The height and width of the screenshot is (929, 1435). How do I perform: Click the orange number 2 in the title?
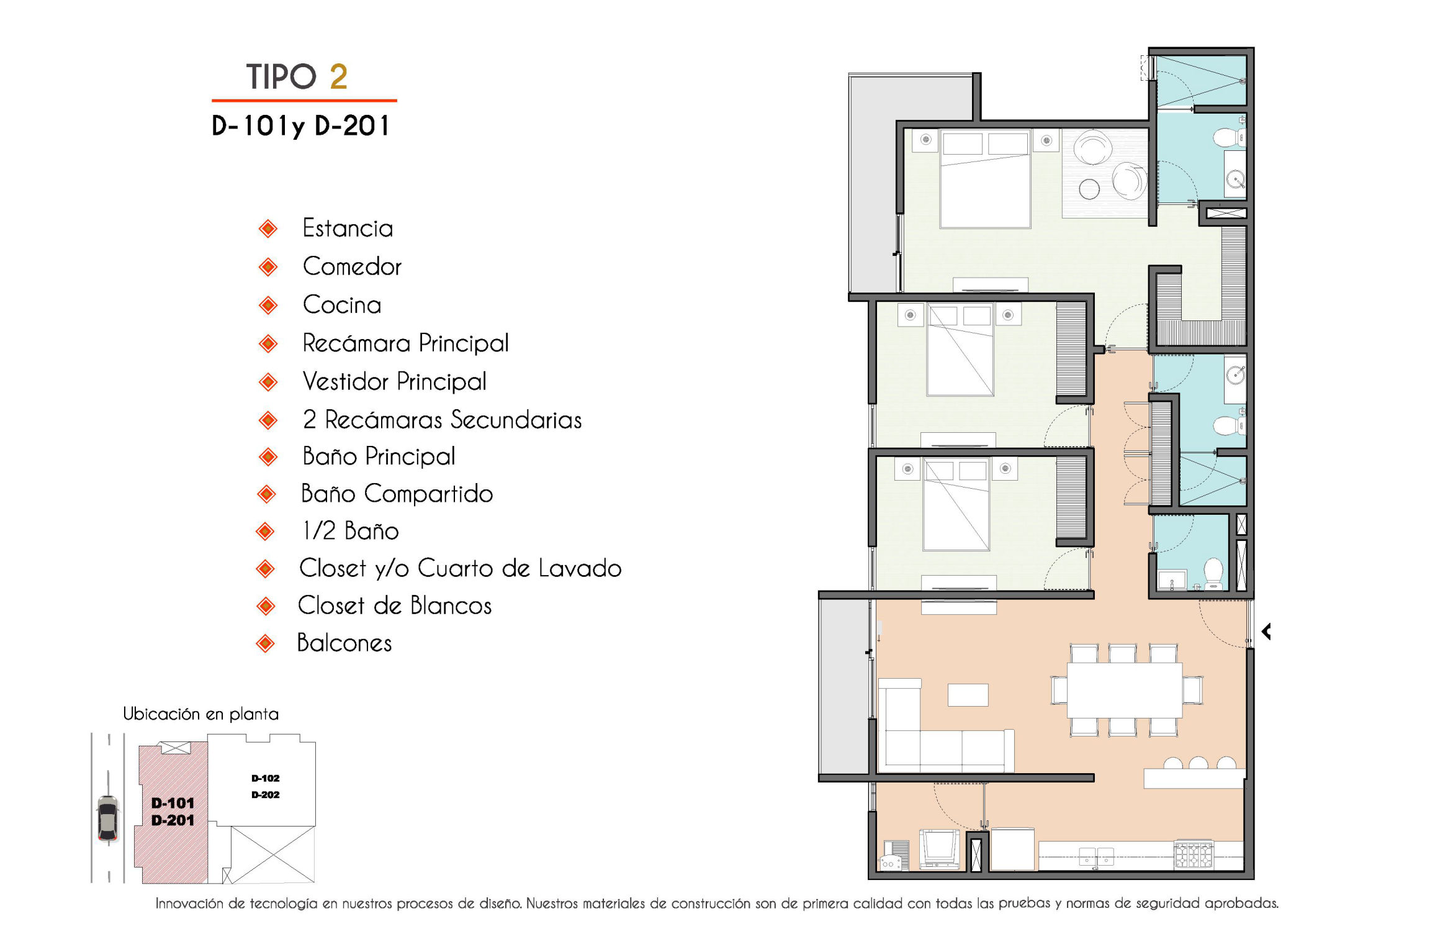tap(338, 77)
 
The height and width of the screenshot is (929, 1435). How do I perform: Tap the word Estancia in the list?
tap(348, 229)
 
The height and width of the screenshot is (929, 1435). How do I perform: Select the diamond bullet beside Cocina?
tap(268, 305)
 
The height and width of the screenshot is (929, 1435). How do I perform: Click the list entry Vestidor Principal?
tap(394, 381)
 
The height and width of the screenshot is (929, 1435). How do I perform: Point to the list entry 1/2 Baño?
tap(350, 531)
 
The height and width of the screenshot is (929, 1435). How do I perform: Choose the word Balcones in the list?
tap(344, 643)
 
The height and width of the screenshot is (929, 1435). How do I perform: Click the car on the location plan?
tap(108, 818)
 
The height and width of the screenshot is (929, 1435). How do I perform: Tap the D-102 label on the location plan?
tap(266, 778)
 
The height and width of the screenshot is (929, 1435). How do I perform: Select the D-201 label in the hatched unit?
tap(173, 820)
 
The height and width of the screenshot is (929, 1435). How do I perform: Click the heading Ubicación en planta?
tap(200, 714)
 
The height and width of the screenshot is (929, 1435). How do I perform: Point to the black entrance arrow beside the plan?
tap(1267, 632)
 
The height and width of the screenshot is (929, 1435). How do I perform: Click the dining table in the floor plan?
tap(1125, 690)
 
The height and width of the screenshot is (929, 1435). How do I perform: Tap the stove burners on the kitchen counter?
tap(1194, 854)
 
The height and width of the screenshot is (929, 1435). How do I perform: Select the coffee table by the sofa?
tap(968, 695)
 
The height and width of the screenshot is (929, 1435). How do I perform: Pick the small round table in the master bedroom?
tap(1089, 189)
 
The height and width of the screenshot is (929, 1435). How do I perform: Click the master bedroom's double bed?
tap(985, 179)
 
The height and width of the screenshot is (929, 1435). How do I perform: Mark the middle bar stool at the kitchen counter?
tap(1199, 763)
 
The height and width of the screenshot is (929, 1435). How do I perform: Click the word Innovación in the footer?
tap(189, 904)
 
